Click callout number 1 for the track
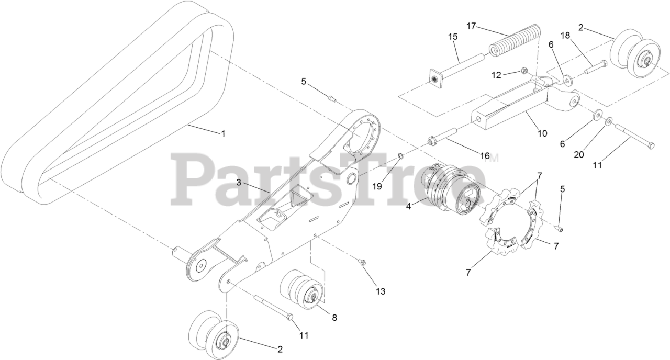click(x=223, y=134)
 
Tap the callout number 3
click(x=238, y=183)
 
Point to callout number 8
click(x=333, y=317)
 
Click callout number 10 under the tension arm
click(x=542, y=133)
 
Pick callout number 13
click(x=380, y=291)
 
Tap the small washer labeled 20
click(x=609, y=121)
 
